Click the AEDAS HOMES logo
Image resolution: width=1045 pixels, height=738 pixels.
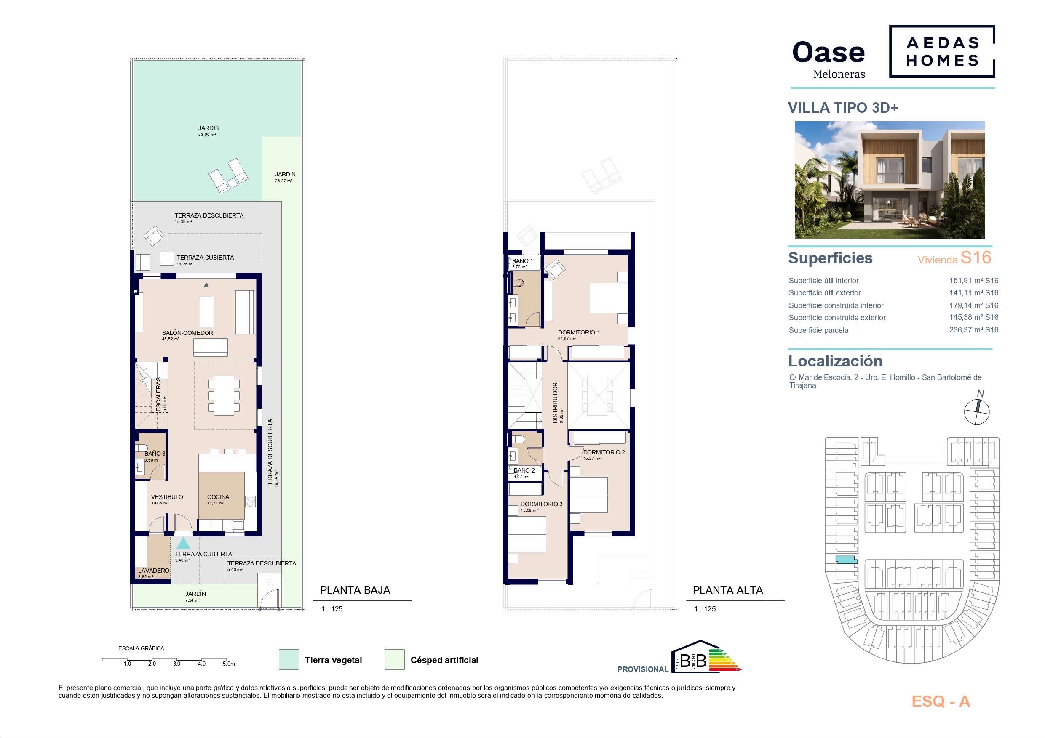pos(942,51)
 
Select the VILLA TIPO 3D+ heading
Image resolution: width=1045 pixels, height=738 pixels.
pos(843,108)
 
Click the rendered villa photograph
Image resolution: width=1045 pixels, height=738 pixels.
pos(889,180)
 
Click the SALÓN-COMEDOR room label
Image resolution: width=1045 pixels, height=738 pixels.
pos(187,333)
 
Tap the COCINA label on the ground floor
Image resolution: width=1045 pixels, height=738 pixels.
pos(218,497)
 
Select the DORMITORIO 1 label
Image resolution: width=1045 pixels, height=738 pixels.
pos(578,332)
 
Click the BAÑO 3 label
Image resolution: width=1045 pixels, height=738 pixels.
pos(155,453)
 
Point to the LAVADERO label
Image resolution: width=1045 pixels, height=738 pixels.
pos(153,571)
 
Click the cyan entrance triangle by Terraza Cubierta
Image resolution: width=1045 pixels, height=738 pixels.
pos(183,543)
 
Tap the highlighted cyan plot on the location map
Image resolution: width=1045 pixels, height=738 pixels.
pos(846,561)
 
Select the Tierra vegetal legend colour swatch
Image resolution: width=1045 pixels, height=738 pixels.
pos(289,659)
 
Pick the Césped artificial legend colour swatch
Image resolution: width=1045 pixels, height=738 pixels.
pos(394,659)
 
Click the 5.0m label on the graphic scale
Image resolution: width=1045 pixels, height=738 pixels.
pos(228,664)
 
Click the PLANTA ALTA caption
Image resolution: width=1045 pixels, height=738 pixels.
pos(727,590)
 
